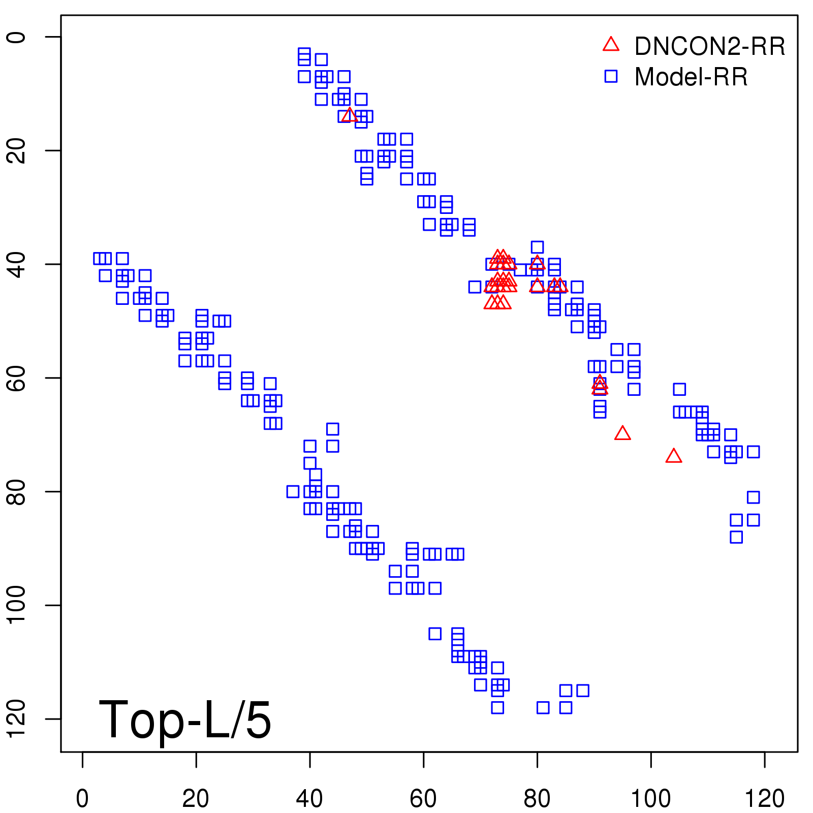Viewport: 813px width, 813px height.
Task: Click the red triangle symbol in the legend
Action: (x=611, y=45)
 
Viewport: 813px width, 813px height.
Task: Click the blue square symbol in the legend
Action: (x=611, y=76)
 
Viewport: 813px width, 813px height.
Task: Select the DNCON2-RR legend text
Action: (x=709, y=46)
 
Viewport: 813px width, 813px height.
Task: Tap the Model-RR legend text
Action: (x=691, y=77)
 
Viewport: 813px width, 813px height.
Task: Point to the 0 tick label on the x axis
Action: (x=82, y=798)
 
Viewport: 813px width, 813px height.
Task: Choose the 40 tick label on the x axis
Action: (x=309, y=798)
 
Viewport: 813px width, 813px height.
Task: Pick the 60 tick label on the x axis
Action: (x=423, y=798)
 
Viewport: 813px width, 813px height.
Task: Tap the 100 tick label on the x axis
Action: (x=650, y=798)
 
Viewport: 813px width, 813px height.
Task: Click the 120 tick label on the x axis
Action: (x=764, y=798)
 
